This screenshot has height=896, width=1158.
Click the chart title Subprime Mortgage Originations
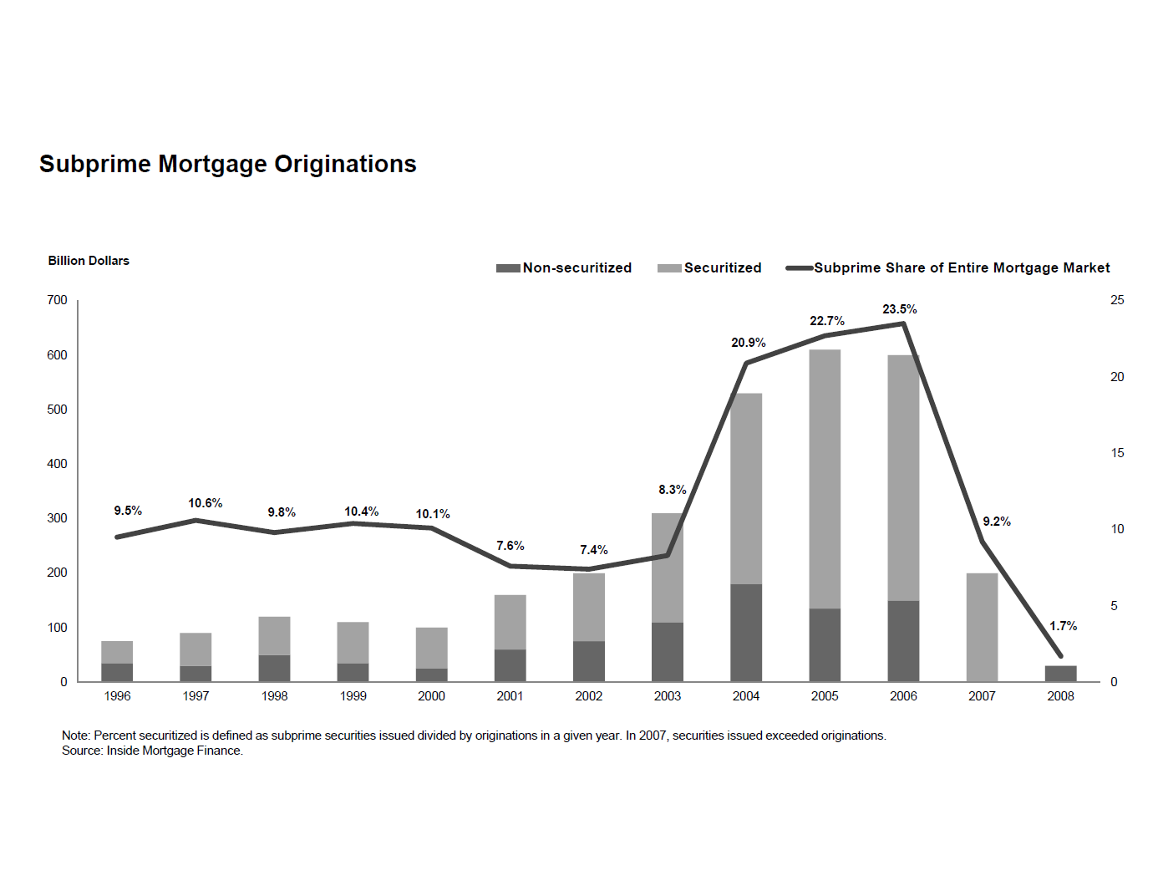click(x=227, y=164)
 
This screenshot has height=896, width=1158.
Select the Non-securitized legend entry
click(x=564, y=268)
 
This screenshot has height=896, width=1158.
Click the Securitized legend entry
click(x=710, y=268)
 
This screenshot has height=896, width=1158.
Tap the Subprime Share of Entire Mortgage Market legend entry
click(x=948, y=268)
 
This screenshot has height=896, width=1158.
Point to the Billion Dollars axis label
click(x=89, y=261)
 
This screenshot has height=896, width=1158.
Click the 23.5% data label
click(x=899, y=309)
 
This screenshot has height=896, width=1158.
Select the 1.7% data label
click(x=1063, y=626)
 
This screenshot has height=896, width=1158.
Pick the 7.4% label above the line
click(x=593, y=550)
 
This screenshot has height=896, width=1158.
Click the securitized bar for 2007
click(x=982, y=627)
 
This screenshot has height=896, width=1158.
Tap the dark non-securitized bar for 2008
click(x=1060, y=674)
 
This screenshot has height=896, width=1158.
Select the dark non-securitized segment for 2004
click(x=746, y=633)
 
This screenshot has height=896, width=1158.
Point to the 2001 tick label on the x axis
click(x=510, y=696)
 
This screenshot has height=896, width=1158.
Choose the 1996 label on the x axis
click(x=117, y=696)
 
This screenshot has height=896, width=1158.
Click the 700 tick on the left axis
click(x=57, y=300)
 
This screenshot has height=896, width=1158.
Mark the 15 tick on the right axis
click(x=1117, y=453)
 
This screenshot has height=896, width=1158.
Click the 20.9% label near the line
click(x=748, y=343)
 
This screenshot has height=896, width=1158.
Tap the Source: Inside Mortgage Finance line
click(x=152, y=751)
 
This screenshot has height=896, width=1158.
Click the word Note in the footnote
click(x=75, y=736)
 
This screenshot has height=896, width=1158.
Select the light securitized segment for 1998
click(x=274, y=636)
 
